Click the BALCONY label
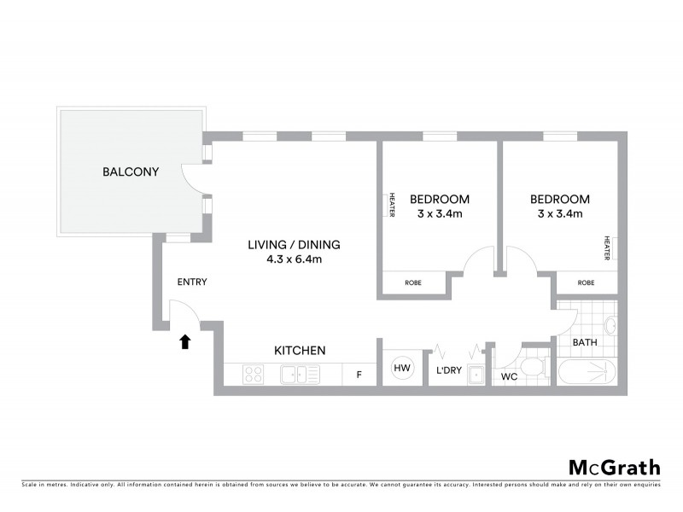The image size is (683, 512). click(131, 172)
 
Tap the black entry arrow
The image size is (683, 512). click(184, 341)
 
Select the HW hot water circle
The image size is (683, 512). click(401, 369)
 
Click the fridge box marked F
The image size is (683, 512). click(359, 374)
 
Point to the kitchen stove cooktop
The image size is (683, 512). click(254, 374)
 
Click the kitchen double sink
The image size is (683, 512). click(300, 374)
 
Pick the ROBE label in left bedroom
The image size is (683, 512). click(412, 282)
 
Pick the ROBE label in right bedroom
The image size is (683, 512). click(586, 282)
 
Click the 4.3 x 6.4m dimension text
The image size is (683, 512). click(294, 260)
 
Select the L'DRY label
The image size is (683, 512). click(449, 370)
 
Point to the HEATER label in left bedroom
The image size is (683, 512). click(392, 205)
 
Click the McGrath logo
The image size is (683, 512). click(614, 467)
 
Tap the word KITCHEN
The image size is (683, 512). click(299, 350)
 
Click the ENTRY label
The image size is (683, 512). click(191, 282)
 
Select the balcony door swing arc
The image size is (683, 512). click(195, 179)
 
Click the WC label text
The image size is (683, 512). click(509, 376)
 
